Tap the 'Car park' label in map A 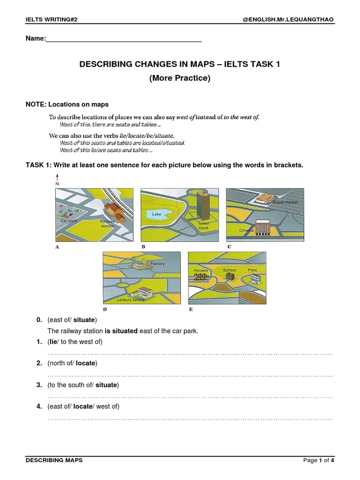[x=68, y=220]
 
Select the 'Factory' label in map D [x=157, y=264]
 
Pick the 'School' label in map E [x=230, y=270]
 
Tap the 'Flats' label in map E [x=253, y=270]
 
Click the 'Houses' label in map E [x=201, y=270]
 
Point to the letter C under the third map [x=229, y=246]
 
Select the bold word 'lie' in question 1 [x=53, y=341]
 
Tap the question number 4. [x=39, y=406]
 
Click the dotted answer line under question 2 [x=190, y=375]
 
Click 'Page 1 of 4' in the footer [x=319, y=460]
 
